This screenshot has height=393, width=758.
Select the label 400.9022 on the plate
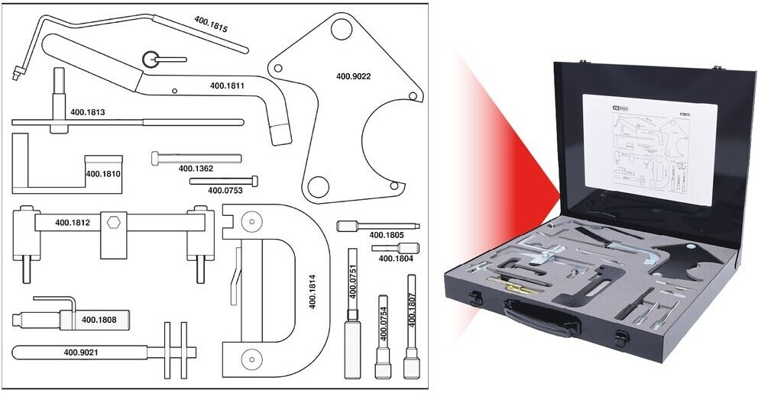(x=354, y=76)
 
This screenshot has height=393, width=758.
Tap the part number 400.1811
(x=227, y=86)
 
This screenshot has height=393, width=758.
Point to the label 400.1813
(x=87, y=112)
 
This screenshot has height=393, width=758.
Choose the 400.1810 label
(x=103, y=174)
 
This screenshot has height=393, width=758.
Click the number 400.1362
(x=196, y=168)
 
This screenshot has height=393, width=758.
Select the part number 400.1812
(x=73, y=224)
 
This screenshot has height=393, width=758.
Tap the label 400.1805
(x=386, y=235)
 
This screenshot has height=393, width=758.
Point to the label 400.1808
(x=99, y=320)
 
